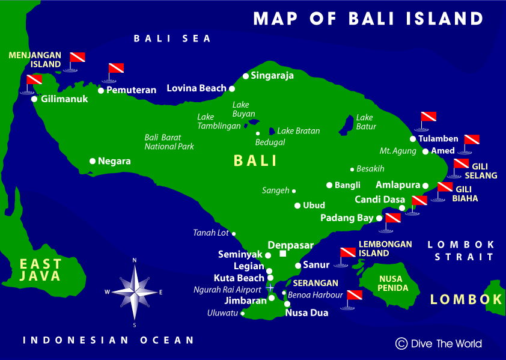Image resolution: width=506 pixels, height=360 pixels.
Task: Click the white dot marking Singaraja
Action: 245,76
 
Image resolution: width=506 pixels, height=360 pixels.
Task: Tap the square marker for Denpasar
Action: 282,254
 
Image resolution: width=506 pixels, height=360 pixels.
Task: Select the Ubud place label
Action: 314,206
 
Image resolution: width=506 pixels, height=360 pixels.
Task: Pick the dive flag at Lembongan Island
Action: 347,254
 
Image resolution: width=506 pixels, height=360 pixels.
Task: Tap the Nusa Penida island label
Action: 394,284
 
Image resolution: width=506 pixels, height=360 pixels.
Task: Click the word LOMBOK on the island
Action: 466,299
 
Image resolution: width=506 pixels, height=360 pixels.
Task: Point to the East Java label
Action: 40,270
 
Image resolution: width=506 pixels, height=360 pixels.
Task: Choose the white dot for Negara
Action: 93,161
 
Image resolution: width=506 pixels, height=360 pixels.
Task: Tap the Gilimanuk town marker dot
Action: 35,99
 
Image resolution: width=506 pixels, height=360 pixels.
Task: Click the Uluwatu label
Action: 222,313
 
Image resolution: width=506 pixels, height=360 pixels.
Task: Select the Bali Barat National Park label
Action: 169,142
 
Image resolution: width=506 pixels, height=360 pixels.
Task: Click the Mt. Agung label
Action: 398,151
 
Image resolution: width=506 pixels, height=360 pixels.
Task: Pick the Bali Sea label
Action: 172,38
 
